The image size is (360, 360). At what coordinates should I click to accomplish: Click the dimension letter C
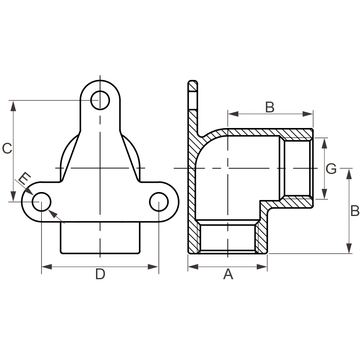pos(7,148)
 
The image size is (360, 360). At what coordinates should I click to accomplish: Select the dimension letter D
pos(100,274)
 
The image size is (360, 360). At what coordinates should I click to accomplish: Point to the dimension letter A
pos(228,274)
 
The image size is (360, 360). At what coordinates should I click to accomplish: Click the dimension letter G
pos(331,169)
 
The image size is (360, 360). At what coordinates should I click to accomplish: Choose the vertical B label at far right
pos(355,210)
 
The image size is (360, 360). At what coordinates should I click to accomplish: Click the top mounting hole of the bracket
pos(100,100)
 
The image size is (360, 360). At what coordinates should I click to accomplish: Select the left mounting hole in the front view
pos(42,202)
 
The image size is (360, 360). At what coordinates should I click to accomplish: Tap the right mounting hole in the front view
pos(159,202)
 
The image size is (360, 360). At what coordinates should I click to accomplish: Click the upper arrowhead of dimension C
pos(13,106)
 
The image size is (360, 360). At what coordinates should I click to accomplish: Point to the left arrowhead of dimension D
pos(47,267)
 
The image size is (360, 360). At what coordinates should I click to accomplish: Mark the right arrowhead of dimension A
pos(262,267)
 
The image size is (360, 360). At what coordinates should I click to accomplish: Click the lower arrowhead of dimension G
pos(324,194)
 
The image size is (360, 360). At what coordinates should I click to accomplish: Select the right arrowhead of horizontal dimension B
pos(308,114)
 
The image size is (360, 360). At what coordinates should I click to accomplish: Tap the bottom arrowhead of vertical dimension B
pos(349,248)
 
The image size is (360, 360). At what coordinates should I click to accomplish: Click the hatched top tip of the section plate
pos(193,86)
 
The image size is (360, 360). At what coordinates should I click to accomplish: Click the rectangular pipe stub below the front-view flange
pos(100,238)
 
